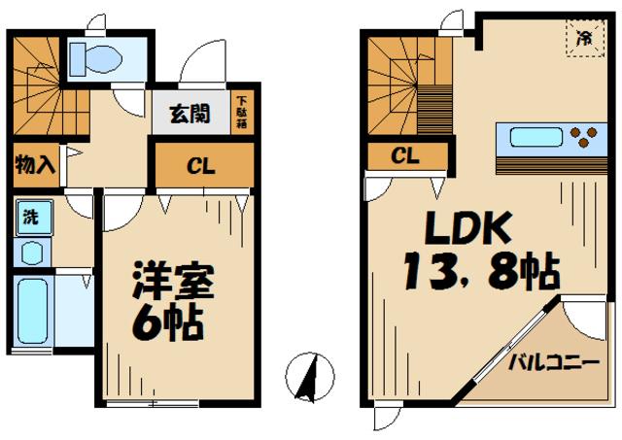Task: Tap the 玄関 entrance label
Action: [191, 114]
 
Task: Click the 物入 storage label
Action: [35, 164]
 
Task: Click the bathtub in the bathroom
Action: [34, 309]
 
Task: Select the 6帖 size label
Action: [169, 321]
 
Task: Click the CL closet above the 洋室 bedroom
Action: [200, 166]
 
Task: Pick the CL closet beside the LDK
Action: [406, 154]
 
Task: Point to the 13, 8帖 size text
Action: [481, 272]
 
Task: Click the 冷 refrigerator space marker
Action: [584, 40]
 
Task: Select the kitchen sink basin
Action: [531, 137]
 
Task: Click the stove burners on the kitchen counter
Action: [584, 137]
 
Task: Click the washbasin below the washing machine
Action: [31, 253]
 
